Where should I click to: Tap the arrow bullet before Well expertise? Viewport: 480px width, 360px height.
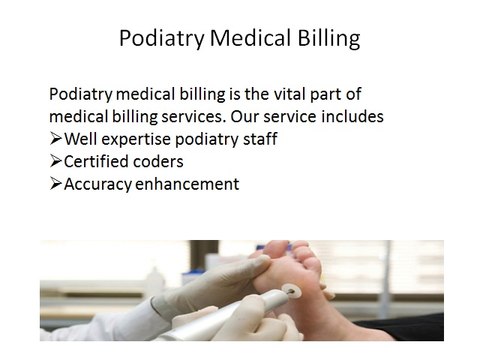click(56, 139)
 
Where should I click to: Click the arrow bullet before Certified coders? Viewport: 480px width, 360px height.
click(56, 161)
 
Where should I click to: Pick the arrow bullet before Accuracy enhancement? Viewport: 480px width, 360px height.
click(56, 184)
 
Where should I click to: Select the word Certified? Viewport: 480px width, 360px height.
click(98, 161)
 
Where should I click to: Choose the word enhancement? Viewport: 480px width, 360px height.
click(190, 184)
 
